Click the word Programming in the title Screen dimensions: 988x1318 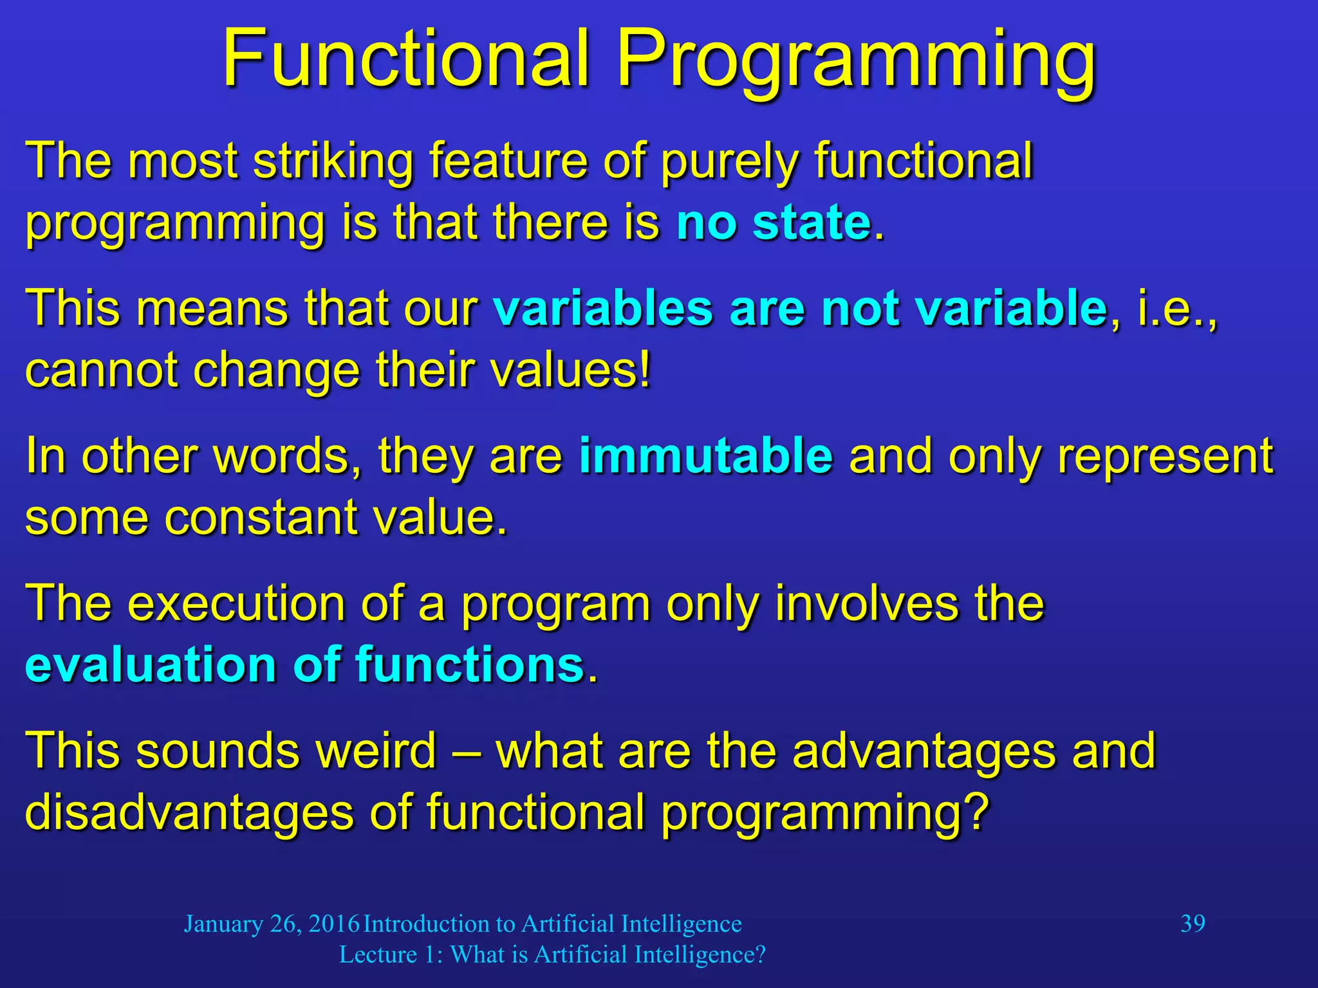(856, 61)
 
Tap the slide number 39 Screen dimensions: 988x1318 (1193, 924)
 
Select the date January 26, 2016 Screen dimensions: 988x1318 (271, 924)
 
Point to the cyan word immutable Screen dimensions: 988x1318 (706, 455)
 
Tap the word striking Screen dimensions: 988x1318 (333, 161)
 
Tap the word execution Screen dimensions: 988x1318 (236, 603)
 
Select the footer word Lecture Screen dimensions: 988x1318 (378, 955)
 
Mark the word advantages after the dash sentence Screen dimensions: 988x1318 (924, 751)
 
